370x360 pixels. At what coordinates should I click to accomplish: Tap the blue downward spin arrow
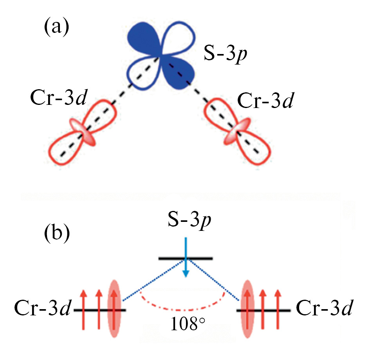(186, 258)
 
